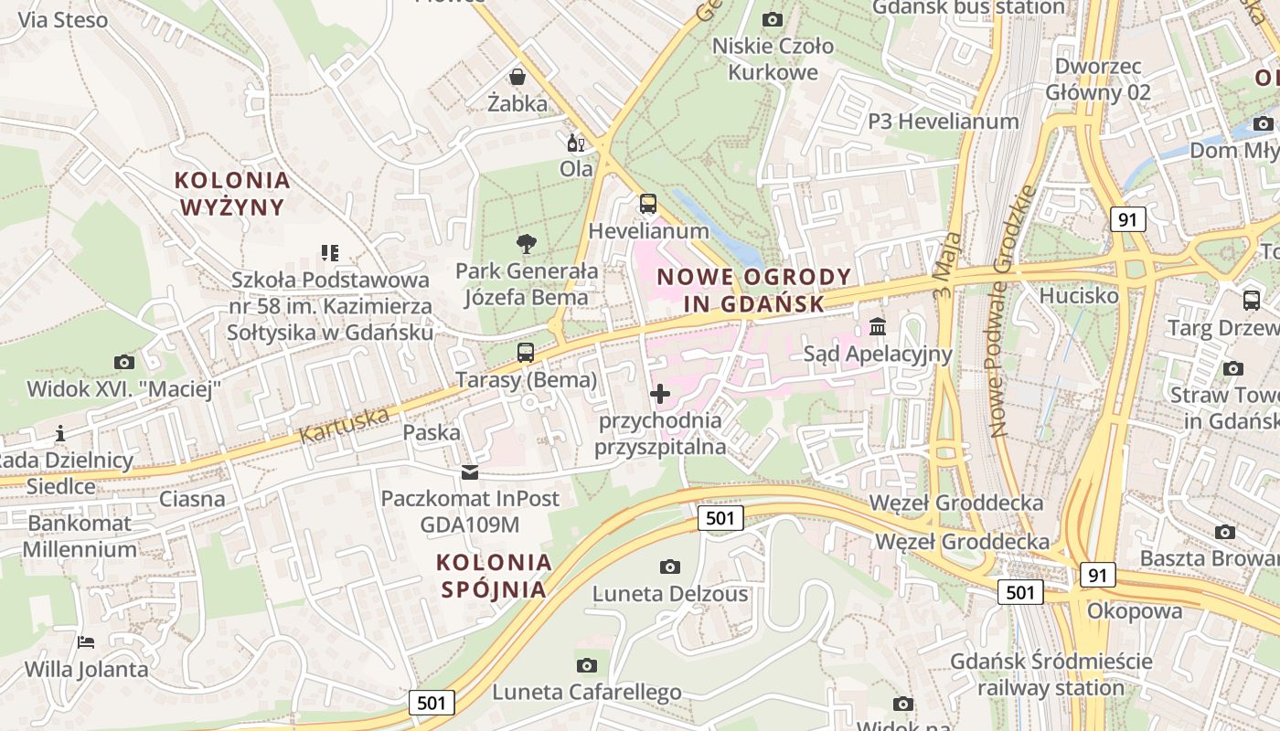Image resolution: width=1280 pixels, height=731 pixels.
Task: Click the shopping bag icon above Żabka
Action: click(517, 76)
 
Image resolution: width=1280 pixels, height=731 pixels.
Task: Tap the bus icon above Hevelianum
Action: click(647, 204)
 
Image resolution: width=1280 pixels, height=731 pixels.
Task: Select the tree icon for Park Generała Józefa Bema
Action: click(526, 243)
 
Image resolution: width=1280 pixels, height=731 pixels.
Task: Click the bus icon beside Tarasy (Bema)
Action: click(526, 353)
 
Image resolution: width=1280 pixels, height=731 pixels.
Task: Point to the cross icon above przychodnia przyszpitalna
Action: click(659, 394)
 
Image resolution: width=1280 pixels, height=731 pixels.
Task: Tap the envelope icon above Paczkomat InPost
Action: click(469, 471)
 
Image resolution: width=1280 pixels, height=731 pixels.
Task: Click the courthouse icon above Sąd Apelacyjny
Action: click(878, 326)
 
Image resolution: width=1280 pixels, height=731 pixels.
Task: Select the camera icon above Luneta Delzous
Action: click(670, 567)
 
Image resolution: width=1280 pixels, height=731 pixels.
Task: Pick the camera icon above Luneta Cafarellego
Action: click(587, 665)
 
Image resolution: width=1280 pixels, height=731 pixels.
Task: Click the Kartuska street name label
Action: click(344, 426)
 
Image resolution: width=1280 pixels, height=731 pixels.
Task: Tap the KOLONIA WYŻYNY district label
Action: click(232, 194)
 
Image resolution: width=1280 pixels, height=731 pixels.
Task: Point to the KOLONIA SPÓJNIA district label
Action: click(495, 575)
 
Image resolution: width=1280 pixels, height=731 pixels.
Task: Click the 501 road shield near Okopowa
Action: click(1019, 592)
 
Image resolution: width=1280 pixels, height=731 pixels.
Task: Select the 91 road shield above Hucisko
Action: click(1128, 219)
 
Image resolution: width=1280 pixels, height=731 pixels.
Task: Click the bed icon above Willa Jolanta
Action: click(86, 641)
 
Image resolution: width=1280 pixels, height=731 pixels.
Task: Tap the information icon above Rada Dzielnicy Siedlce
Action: click(60, 433)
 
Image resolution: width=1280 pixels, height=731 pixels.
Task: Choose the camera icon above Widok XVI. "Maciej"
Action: click(123, 362)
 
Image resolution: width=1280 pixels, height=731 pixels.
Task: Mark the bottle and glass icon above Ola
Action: click(576, 143)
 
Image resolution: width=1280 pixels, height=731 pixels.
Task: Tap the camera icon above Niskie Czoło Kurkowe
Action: click(773, 19)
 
